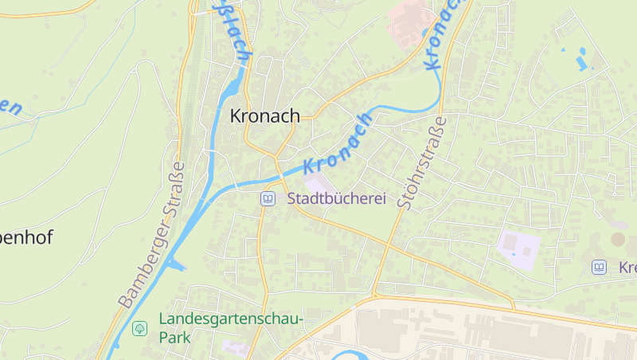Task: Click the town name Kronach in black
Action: pos(264,116)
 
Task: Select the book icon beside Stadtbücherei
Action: pos(268,198)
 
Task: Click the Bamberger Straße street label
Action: pos(151,235)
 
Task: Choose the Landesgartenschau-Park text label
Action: pos(231,327)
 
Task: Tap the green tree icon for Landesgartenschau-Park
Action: pos(140,327)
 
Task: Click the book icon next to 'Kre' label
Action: pos(599,267)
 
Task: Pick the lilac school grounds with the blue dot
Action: pos(518,247)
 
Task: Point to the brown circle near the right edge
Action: pos(619,239)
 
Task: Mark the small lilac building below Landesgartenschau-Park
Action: pos(235,347)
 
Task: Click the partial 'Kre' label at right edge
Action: pos(627,267)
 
